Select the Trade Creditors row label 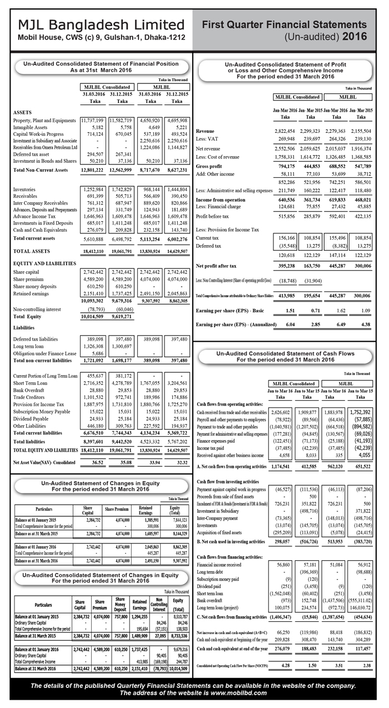click(31, 398)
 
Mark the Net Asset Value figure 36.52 click(97, 461)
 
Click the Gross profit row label click(212, 167)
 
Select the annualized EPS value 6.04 click(290, 323)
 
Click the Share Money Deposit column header click(118, 603)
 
